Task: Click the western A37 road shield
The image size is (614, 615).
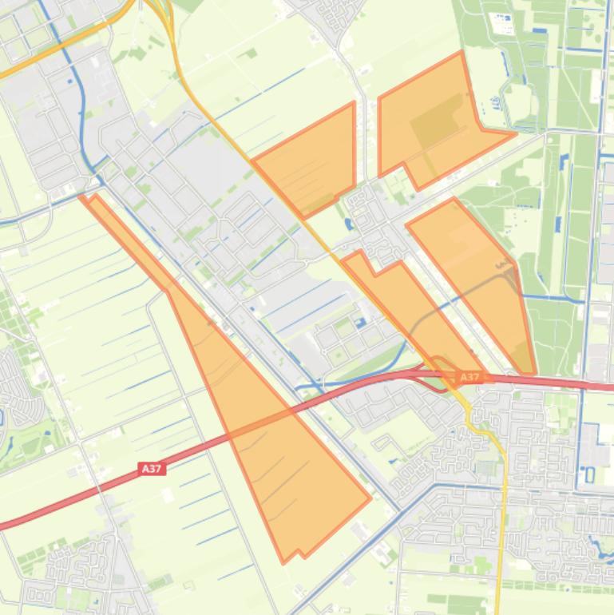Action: tap(152, 469)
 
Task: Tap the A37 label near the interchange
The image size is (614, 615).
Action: tap(469, 377)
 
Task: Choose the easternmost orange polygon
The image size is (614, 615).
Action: tap(479, 272)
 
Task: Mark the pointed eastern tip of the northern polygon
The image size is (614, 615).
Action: tap(513, 133)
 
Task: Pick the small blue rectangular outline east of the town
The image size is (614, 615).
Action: tap(590, 475)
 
